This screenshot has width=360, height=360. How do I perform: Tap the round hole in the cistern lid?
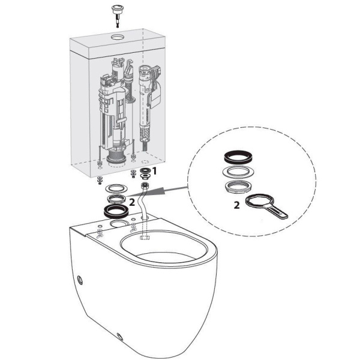118,37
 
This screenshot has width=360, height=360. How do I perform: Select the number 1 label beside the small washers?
155,171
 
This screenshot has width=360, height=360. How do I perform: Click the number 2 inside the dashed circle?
237,205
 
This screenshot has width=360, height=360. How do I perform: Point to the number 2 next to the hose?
132,202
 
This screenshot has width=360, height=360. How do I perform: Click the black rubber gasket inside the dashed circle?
238,157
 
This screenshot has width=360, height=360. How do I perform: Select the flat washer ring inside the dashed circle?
238,172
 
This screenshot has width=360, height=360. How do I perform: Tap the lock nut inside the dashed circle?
238,187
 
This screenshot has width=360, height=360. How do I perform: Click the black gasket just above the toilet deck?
116,211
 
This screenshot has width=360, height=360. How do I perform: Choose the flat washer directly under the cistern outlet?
117,189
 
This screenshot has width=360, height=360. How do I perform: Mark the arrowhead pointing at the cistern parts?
160,191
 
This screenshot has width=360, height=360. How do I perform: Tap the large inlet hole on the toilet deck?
118,223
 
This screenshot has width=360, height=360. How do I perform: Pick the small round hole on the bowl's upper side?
80,280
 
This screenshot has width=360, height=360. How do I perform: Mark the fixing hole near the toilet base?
119,337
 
